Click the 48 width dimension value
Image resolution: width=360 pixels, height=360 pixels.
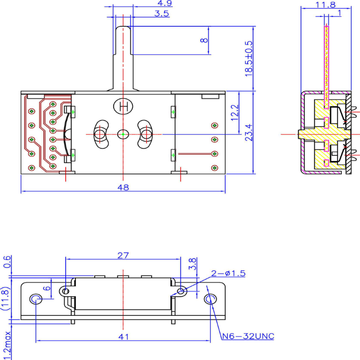(123, 187)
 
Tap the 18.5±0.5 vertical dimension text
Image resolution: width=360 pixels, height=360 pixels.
(249, 57)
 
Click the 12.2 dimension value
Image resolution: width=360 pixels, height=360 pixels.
(235, 113)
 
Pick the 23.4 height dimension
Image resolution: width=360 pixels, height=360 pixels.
(249, 133)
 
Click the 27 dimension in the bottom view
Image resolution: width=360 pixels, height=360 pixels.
(123, 255)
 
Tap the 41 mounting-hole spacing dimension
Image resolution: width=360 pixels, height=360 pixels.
(123, 337)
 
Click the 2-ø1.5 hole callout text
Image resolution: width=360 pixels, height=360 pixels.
(228, 273)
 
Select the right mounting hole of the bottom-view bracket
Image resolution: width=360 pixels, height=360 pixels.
(210, 300)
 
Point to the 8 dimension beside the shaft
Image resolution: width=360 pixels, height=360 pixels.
(204, 41)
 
